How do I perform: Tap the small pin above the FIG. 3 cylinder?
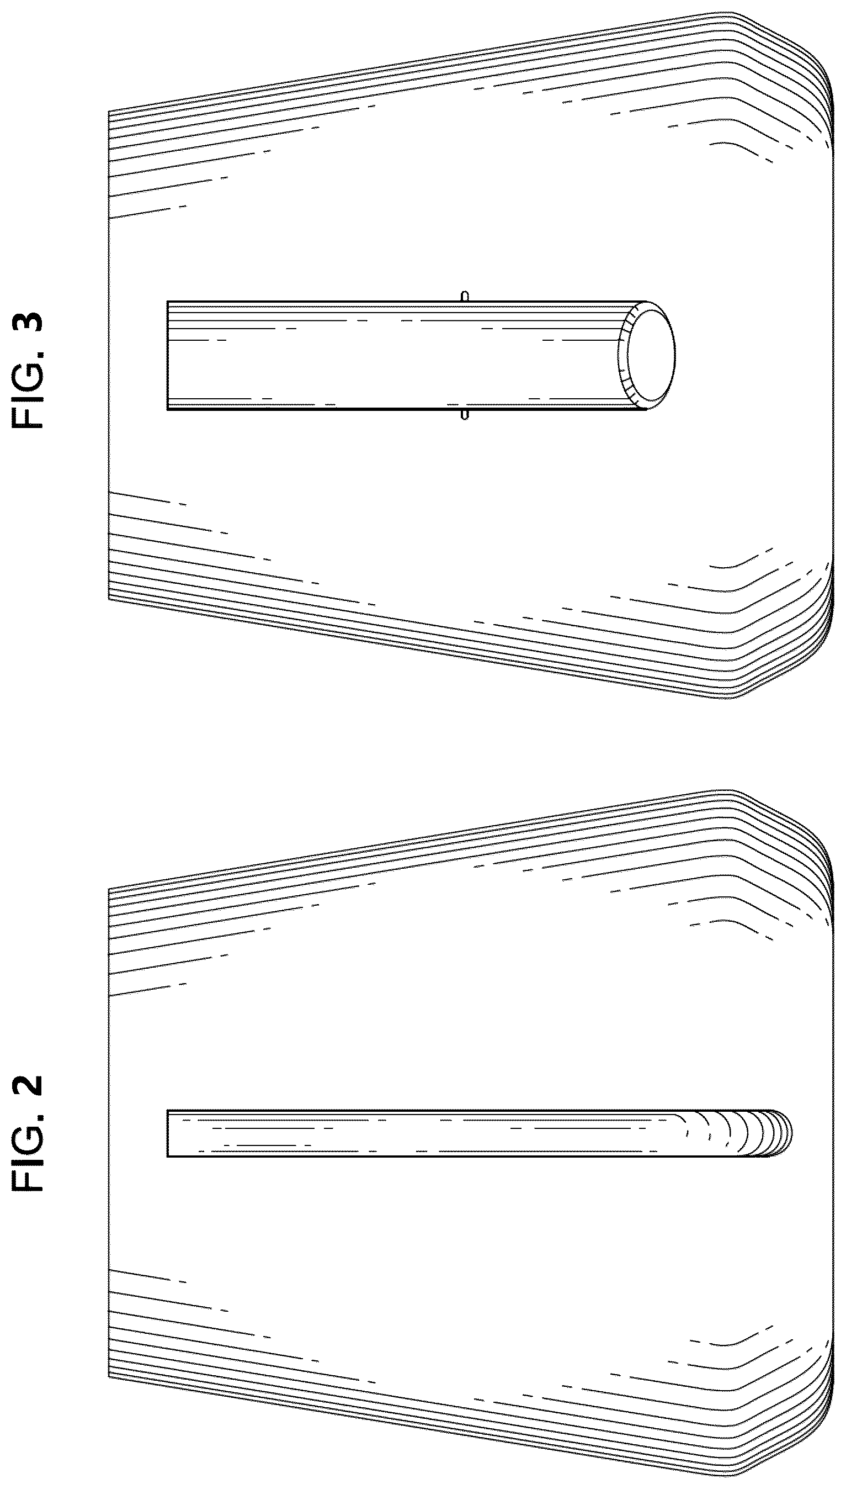(x=464, y=296)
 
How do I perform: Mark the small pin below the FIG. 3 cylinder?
(x=464, y=415)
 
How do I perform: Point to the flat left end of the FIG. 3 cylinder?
(x=167, y=355)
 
